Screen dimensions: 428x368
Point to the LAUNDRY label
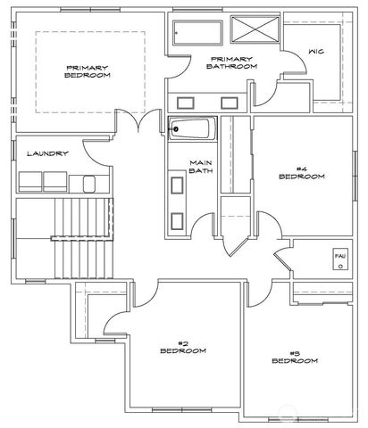tap(47, 153)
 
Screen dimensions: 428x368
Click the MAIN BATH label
tap(200, 167)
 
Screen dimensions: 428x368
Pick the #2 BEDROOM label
tap(182, 347)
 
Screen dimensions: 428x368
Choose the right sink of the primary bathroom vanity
tap(230, 99)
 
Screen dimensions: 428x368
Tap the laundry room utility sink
tap(89, 183)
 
